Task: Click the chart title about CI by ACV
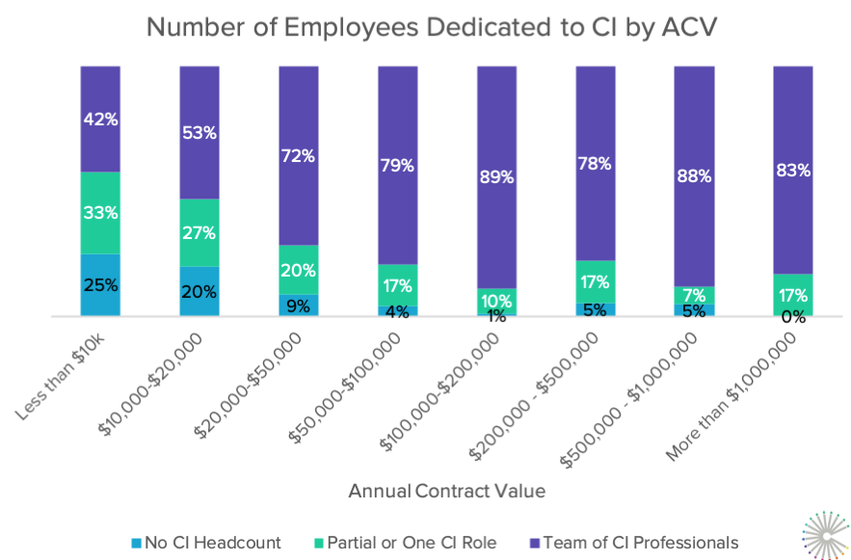425,27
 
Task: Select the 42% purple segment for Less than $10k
100,119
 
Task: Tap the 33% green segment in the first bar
100,212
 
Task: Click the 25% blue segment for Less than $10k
100,284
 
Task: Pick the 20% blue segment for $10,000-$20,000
199,291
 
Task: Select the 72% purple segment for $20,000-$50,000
299,154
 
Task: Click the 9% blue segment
299,306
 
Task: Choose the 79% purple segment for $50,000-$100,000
397,165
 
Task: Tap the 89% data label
496,177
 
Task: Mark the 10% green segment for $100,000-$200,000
496,301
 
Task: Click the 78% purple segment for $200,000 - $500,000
595,163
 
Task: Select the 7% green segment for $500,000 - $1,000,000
694,295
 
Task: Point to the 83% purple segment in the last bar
792,170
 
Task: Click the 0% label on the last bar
792,316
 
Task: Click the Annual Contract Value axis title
447,491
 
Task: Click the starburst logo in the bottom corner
825,534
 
